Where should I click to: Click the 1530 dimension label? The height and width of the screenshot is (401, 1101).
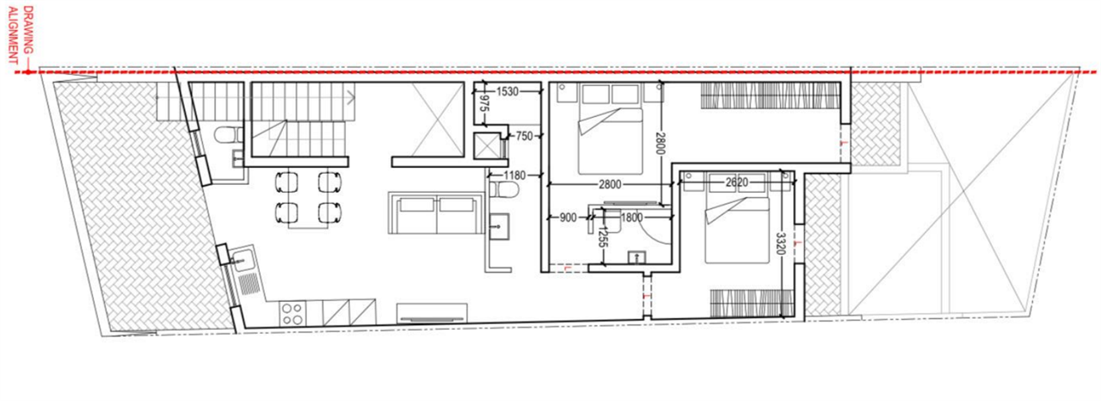pos(507,91)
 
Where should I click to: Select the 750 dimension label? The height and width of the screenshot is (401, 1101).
pos(524,136)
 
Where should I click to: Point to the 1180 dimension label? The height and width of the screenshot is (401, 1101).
pos(514,176)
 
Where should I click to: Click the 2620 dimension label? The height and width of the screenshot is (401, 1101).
pos(737,182)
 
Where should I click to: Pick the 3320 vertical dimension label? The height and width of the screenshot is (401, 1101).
pos(780,244)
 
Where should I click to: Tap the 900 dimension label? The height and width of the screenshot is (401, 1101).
pos(568,218)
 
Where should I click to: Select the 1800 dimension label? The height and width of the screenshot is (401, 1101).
pos(631,218)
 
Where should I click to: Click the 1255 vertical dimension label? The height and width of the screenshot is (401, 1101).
pos(602,238)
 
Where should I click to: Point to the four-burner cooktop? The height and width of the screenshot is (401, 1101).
pos(292,313)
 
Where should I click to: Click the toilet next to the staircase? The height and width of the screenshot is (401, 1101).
pos(229,134)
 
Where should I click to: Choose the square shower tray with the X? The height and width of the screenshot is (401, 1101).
pos(487,146)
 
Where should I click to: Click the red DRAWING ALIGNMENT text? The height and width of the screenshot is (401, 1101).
pos(22,35)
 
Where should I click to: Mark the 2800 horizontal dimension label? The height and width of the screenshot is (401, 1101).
pos(610,185)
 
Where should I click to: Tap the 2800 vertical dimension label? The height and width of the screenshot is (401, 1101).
pos(660,143)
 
